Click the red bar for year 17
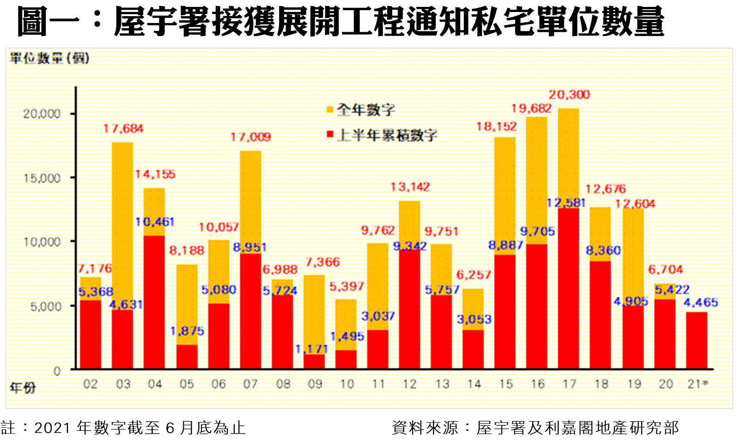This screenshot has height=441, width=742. (x=568, y=289)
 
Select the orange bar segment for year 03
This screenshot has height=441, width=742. (x=122, y=226)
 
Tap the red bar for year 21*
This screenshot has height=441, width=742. (x=696, y=341)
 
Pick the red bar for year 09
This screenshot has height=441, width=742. (x=314, y=362)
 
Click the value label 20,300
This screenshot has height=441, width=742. (x=569, y=95)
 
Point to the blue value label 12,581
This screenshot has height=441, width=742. (x=566, y=203)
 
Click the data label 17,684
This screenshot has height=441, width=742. (x=123, y=128)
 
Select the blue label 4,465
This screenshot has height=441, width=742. (x=700, y=302)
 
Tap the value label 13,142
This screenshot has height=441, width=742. (x=410, y=187)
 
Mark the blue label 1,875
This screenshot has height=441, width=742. (x=187, y=331)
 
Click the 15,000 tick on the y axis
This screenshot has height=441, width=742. (x=42, y=178)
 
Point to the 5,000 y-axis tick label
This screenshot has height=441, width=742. (x=45, y=306)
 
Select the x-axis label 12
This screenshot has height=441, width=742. (x=410, y=384)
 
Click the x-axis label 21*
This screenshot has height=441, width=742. (x=698, y=384)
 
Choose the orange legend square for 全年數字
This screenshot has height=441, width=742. (x=330, y=110)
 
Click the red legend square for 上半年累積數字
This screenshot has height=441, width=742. (x=330, y=135)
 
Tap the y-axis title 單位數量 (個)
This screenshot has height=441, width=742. (x=49, y=59)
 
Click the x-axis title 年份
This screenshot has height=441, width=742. (x=22, y=388)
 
